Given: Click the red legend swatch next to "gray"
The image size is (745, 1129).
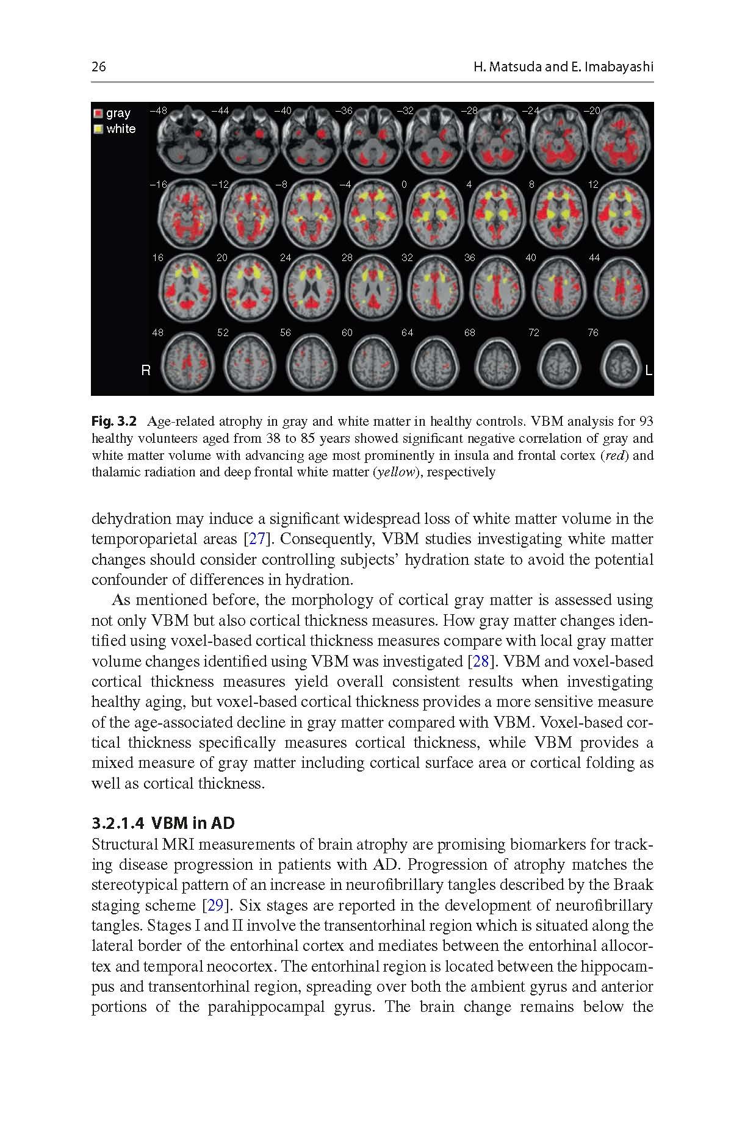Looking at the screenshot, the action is coord(98,113).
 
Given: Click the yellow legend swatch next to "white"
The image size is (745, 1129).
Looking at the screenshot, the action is coord(98,129).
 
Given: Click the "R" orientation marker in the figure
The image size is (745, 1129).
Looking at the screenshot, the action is coord(145,370).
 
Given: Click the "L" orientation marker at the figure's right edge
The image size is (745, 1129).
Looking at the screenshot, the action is coord(648,370).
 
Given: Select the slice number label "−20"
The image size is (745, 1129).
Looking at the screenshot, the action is coord(592,110).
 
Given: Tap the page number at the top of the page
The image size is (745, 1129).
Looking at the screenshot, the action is coord(98,66).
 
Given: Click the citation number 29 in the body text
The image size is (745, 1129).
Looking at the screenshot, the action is coord(215,905).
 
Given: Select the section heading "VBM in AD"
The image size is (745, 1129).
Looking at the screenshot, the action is coord(193,823).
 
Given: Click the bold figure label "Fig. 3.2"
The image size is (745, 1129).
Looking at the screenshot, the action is coord(115,421).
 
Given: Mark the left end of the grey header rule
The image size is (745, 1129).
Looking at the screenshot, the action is coord(92,82).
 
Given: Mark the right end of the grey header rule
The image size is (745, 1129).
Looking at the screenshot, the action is coord(653,82).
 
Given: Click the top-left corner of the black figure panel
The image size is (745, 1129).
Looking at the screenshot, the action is coord(92,102).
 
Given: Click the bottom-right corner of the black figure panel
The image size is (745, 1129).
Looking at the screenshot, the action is coord(653,395).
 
